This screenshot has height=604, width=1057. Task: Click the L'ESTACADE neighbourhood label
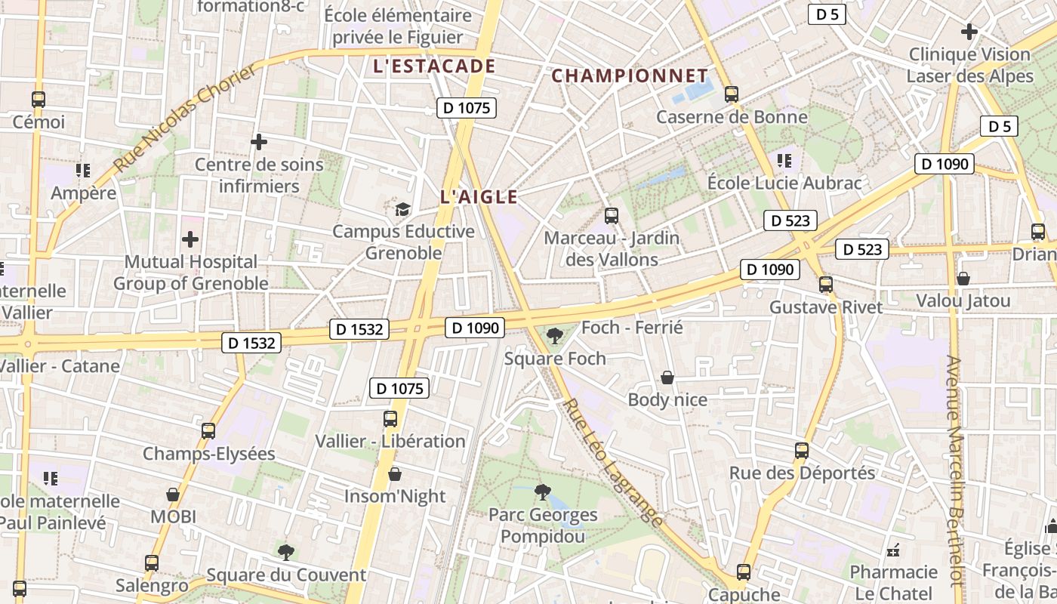[x=434, y=66]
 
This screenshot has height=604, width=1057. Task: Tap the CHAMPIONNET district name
[x=630, y=76]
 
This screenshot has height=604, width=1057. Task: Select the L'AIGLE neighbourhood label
[x=479, y=198]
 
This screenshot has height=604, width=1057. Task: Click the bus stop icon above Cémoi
[x=39, y=99]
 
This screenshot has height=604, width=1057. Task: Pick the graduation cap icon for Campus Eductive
[x=402, y=209]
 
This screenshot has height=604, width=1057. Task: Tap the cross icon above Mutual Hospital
[x=190, y=239]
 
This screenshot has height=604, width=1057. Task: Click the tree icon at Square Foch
[x=555, y=335]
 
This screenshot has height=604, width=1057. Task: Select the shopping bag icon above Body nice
[x=667, y=377]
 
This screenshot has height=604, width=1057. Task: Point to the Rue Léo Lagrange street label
[x=613, y=463]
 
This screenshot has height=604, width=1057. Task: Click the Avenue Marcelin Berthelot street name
[x=955, y=471]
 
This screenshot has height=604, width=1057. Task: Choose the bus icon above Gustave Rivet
[x=826, y=285]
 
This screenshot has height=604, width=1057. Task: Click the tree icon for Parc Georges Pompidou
[x=542, y=492]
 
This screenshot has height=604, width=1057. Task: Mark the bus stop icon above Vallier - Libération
[x=390, y=418]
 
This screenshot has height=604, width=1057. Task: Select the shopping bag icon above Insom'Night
[x=394, y=474]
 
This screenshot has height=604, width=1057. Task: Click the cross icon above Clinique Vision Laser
[x=969, y=32]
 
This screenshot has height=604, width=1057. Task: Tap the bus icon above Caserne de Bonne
[x=731, y=94]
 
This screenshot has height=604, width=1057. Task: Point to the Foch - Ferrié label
[x=632, y=328]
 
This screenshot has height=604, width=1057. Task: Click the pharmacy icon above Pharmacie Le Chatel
[x=894, y=549]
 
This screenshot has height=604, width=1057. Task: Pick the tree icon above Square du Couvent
[x=285, y=552]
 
